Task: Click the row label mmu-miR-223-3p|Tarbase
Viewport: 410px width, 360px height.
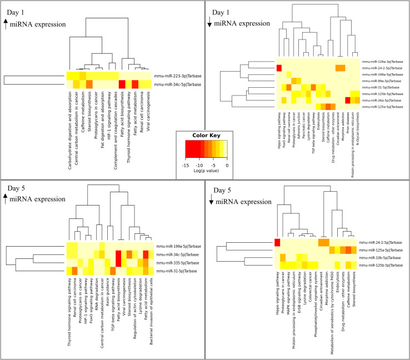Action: coord(176,75)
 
